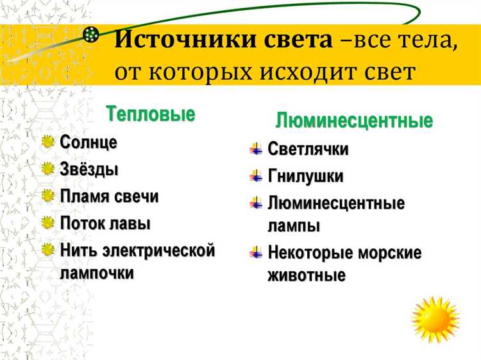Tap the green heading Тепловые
[x=150, y=114]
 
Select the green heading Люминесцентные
[x=354, y=120]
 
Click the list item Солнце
[x=89, y=142]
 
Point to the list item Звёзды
[x=89, y=169]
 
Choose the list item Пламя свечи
[x=109, y=196]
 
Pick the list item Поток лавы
[x=105, y=223]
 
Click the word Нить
[x=78, y=250]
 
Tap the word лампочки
[x=97, y=272]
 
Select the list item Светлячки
[x=308, y=150]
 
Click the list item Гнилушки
[x=305, y=176]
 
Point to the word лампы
[x=294, y=226]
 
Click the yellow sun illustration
[x=435, y=320]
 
